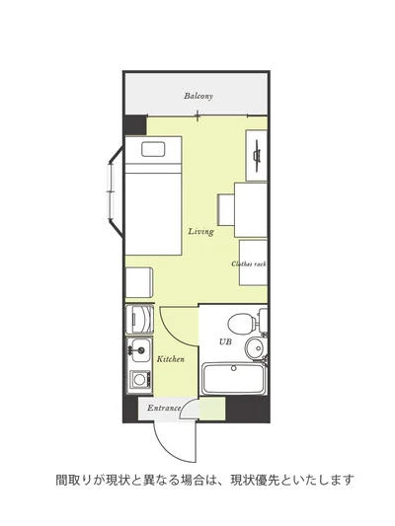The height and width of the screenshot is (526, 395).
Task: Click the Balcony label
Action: (198, 96)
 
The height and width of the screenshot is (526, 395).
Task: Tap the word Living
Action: (200, 232)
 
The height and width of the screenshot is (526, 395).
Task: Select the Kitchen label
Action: (171, 359)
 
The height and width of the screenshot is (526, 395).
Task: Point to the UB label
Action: (225, 341)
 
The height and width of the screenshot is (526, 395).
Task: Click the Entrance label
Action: (164, 408)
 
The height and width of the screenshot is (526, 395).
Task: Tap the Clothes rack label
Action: (249, 264)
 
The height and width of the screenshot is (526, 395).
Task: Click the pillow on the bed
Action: (153, 149)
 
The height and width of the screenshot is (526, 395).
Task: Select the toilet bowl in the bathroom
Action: (242, 324)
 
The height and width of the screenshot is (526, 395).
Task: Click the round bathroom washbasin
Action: (256, 348)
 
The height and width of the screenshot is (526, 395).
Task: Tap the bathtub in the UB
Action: (234, 379)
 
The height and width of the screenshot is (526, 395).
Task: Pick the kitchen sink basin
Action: (139, 350)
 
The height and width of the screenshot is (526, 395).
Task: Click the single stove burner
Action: (139, 379)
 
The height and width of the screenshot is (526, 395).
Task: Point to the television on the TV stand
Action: (258, 156)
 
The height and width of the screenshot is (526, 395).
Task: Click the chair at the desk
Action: (226, 210)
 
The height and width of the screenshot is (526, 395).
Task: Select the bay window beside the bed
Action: (115, 191)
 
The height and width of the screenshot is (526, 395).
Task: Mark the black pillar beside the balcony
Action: (135, 125)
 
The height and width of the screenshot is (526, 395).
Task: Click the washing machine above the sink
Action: (139, 319)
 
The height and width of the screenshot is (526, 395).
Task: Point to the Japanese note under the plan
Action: (204, 480)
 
